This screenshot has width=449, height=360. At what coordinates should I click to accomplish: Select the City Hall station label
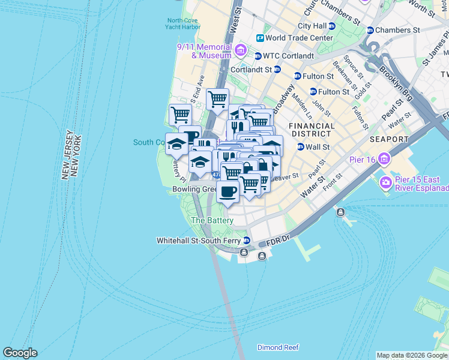(x=312, y=26)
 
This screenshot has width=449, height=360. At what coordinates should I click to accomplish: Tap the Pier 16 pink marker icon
(x=384, y=160)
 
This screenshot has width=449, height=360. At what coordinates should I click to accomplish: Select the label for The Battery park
(x=211, y=221)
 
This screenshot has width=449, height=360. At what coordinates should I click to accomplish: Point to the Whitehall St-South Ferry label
(x=198, y=241)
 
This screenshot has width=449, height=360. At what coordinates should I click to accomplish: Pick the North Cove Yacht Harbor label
(x=183, y=24)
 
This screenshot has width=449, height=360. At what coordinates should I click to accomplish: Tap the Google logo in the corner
(x=20, y=353)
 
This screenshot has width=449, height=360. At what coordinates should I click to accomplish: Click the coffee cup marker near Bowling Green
(x=228, y=192)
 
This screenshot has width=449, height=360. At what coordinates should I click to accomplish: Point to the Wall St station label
(x=318, y=147)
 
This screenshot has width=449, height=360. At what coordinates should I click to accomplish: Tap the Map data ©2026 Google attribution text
(x=412, y=355)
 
